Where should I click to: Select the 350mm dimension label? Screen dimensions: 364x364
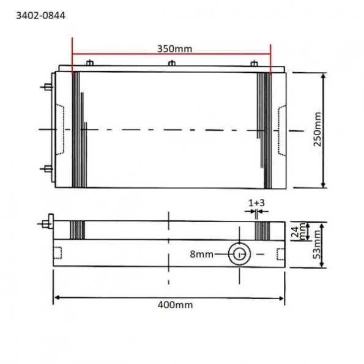click(x=172, y=48)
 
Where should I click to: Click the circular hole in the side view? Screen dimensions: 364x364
click(x=238, y=254)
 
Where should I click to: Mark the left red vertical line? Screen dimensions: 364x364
click(x=72, y=55)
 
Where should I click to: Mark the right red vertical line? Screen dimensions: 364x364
click(x=270, y=55)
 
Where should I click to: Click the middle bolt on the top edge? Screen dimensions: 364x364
click(x=172, y=63)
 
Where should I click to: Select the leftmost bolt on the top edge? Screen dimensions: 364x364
click(x=90, y=63)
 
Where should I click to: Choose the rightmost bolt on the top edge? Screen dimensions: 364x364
click(x=254, y=63)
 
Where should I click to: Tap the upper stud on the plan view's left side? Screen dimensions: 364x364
click(x=46, y=87)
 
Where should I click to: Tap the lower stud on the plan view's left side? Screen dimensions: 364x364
click(x=46, y=168)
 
